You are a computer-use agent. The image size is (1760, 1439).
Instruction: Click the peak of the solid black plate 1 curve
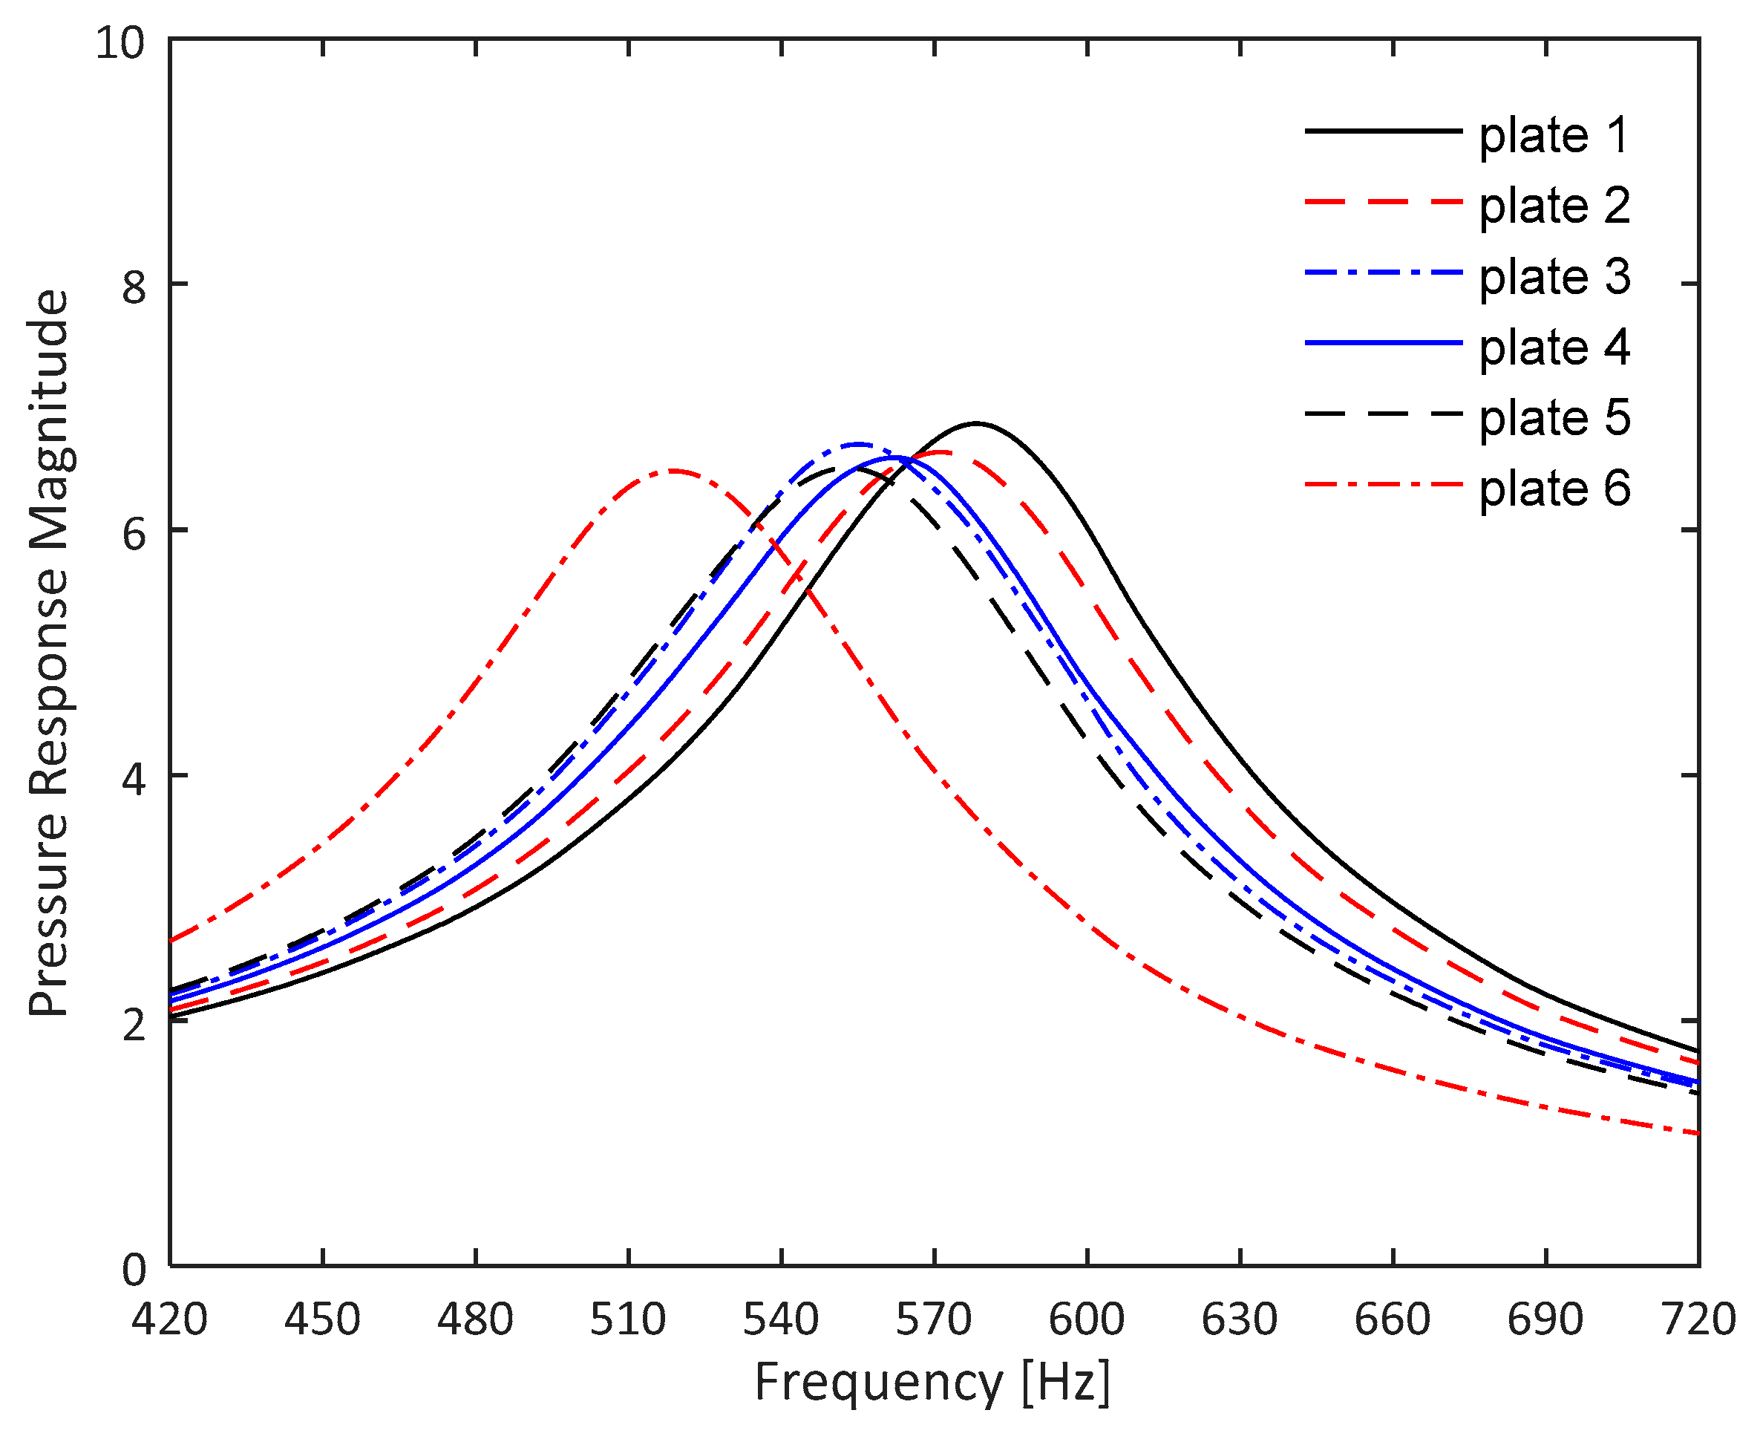click(976, 423)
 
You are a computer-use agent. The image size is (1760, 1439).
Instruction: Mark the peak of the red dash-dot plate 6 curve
click(673, 471)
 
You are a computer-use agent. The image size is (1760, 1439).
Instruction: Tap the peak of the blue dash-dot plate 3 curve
click(857, 444)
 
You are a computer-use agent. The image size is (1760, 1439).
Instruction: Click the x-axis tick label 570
click(934, 1319)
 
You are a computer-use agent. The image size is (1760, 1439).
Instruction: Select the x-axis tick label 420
click(170, 1319)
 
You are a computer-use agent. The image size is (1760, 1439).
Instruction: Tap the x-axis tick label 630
click(1240, 1319)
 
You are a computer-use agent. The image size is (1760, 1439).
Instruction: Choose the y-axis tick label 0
click(134, 1269)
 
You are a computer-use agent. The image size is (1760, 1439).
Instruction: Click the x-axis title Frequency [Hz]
click(932, 1383)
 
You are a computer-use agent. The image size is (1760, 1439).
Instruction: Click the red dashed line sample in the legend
click(1383, 201)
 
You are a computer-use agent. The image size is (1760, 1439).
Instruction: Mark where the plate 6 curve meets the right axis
click(1698, 1133)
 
